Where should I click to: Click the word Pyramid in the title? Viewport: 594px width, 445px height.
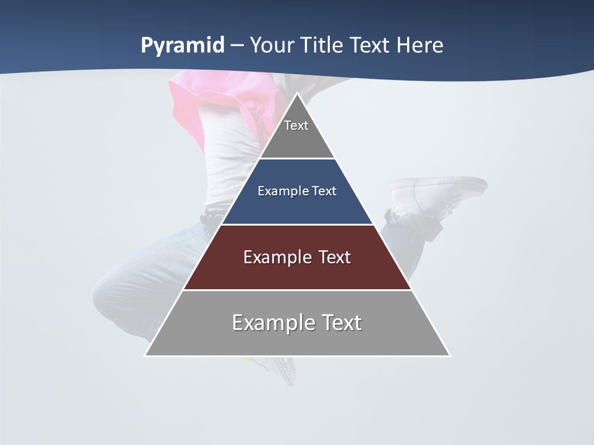click(x=182, y=46)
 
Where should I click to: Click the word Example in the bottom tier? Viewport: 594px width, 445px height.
click(x=275, y=323)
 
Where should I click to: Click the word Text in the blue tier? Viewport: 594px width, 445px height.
click(x=325, y=191)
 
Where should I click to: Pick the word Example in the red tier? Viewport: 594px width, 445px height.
click(x=275, y=257)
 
